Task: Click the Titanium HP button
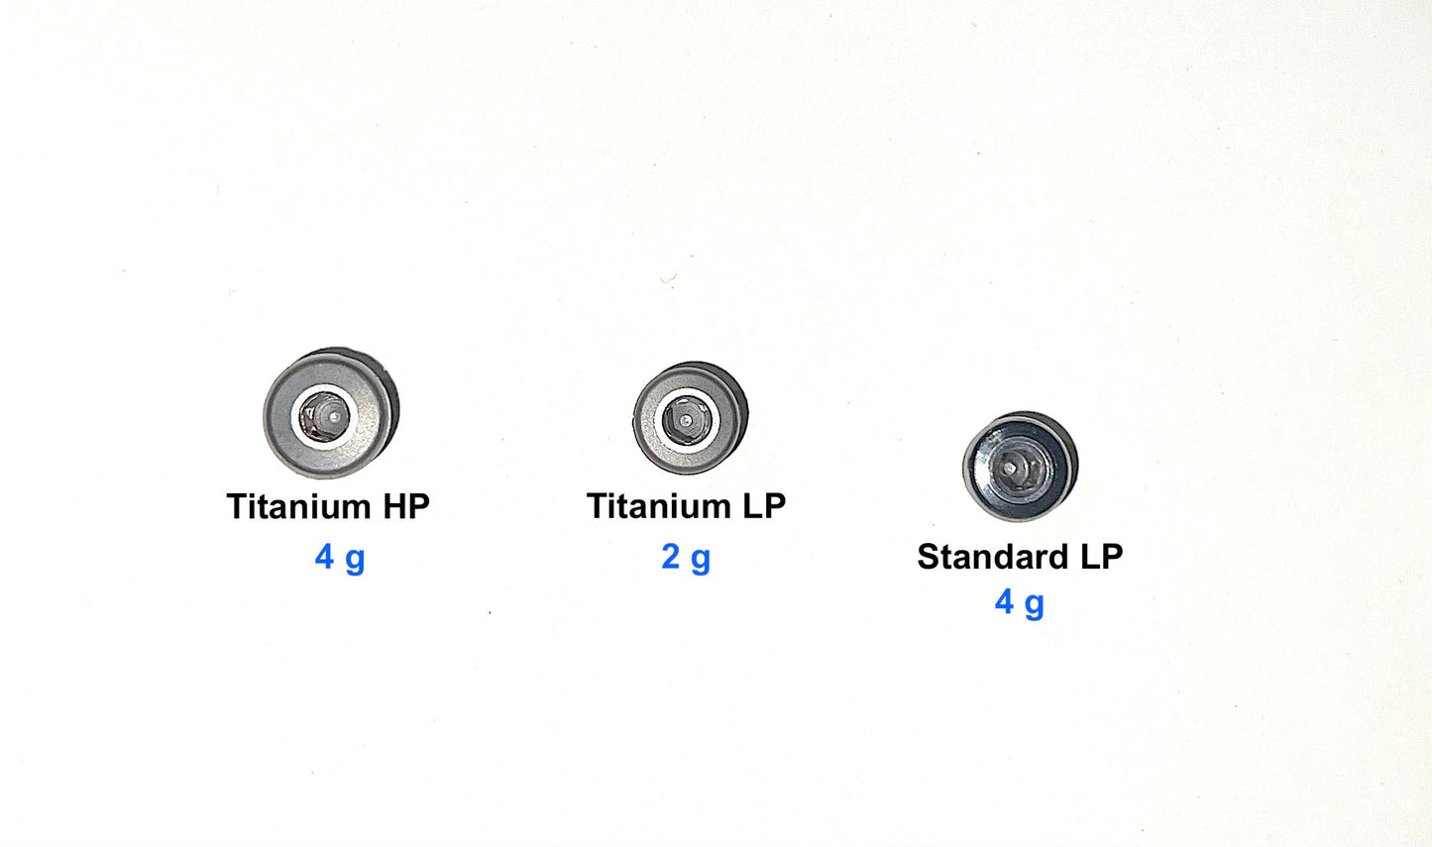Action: pyautogui.click(x=331, y=413)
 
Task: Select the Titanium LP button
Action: pyautogui.click(x=691, y=418)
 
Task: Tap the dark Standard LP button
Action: pyautogui.click(x=1021, y=466)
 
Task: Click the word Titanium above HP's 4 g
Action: pyautogui.click(x=298, y=506)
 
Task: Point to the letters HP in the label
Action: pyautogui.click(x=406, y=506)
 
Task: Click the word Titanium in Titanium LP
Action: pyautogui.click(x=658, y=505)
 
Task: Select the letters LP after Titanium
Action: pyautogui.click(x=764, y=505)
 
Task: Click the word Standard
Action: pyautogui.click(x=993, y=556)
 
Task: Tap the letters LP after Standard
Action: pyautogui.click(x=1101, y=556)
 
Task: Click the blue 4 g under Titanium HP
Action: pyautogui.click(x=340, y=558)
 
